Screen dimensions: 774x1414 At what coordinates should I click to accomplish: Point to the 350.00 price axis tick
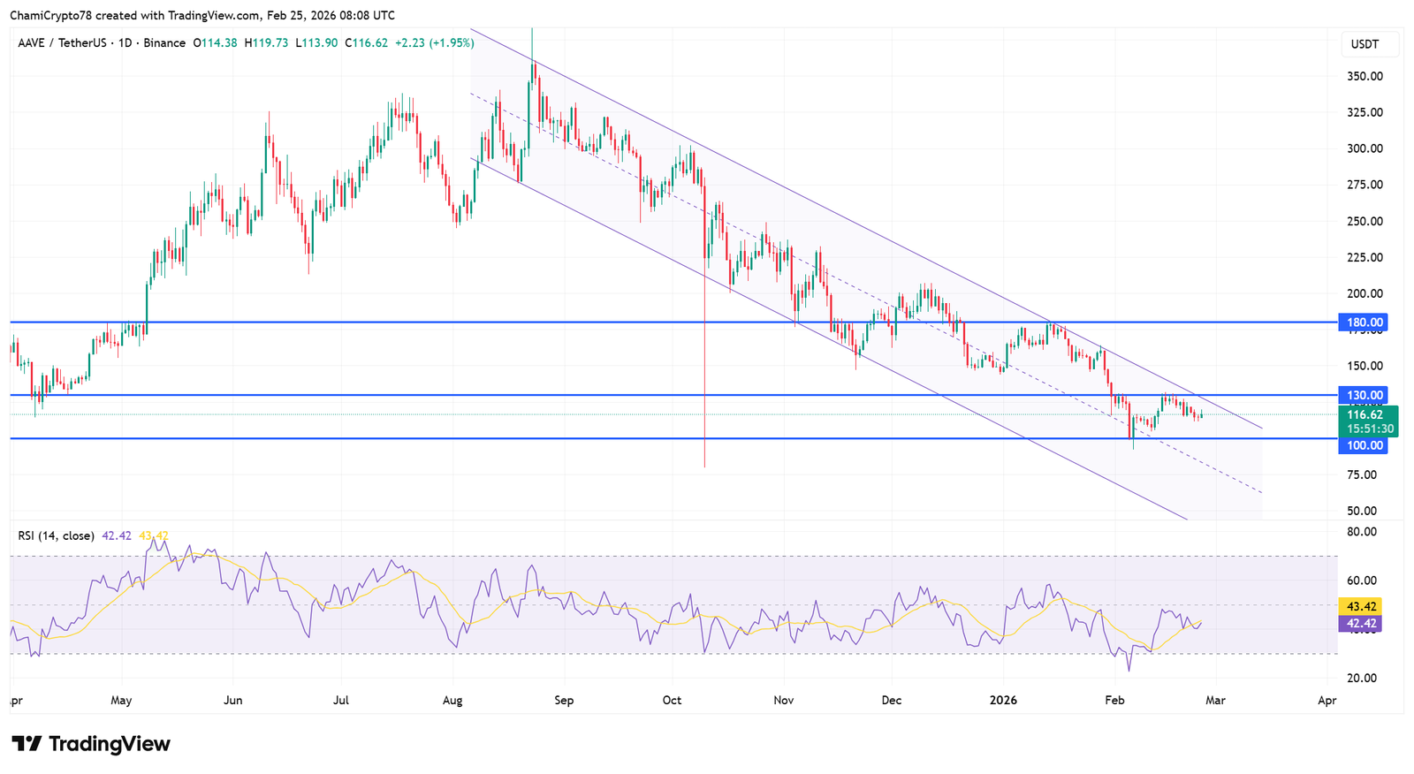[x=1365, y=76]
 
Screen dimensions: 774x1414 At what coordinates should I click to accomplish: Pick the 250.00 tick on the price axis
[x=1365, y=221]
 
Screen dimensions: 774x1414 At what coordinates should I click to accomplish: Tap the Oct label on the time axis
[x=672, y=701]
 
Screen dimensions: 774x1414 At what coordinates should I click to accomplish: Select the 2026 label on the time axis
[x=1003, y=701]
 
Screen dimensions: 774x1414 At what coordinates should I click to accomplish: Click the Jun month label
[x=232, y=701]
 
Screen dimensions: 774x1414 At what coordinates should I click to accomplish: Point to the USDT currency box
[x=1365, y=44]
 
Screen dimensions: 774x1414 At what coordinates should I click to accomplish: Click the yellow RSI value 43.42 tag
[x=1362, y=606]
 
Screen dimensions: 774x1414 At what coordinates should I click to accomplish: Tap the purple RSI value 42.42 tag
[x=1362, y=624]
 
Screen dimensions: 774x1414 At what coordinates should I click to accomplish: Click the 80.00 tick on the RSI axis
[x=1362, y=532]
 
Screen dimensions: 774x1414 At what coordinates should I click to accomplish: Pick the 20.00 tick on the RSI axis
[x=1362, y=678]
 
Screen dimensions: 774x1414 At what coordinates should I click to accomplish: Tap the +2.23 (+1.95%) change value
[x=434, y=42]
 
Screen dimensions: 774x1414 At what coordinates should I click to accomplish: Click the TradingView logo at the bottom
[x=91, y=744]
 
